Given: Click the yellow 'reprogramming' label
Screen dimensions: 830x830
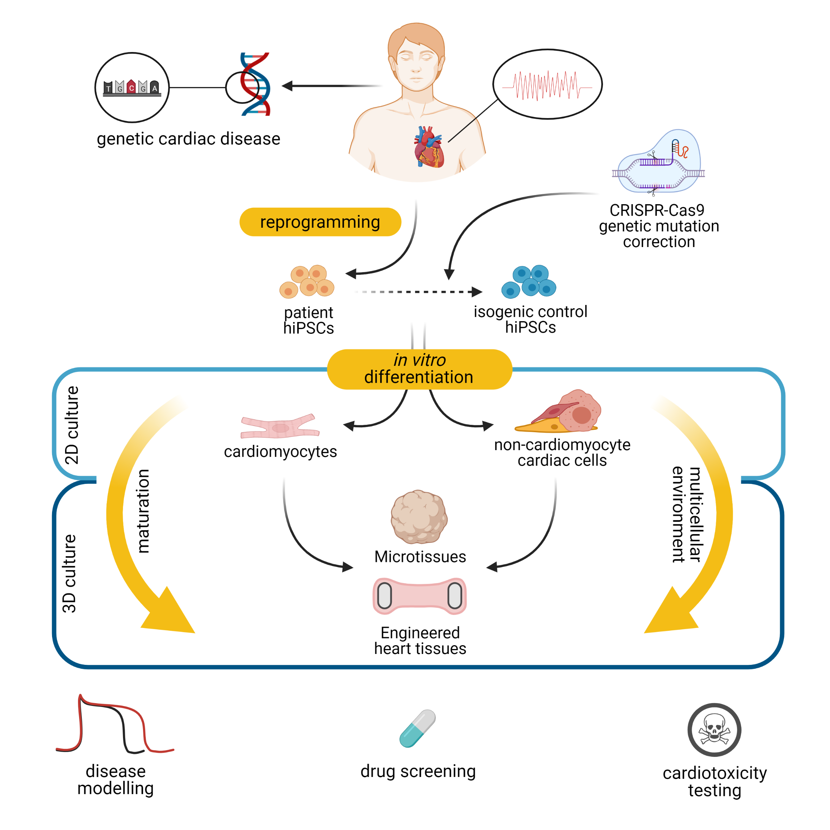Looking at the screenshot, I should coord(320,222).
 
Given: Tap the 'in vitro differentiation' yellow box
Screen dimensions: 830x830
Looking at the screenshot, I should coord(419,369).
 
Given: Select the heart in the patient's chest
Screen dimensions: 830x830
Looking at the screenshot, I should coord(429,147).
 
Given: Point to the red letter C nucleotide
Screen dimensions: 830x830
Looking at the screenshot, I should coord(131,87).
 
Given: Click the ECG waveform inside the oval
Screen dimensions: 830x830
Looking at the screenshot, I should coord(547,85).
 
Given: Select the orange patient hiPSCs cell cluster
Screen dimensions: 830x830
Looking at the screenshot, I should coord(307,282).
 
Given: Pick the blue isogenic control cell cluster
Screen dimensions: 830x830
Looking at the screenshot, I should coord(529,282).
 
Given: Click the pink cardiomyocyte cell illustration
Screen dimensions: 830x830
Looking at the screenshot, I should coord(280,427).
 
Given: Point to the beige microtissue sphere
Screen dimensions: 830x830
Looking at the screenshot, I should coord(419,517).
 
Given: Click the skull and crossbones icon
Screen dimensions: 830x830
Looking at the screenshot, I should coord(714,730).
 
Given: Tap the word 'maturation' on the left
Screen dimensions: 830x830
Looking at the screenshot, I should coord(143,511).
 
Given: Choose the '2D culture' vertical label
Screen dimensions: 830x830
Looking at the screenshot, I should coord(72,425).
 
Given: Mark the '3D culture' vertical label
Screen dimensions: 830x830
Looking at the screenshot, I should coord(69,573).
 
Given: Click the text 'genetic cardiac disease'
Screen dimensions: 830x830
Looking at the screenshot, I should coord(188,139).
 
